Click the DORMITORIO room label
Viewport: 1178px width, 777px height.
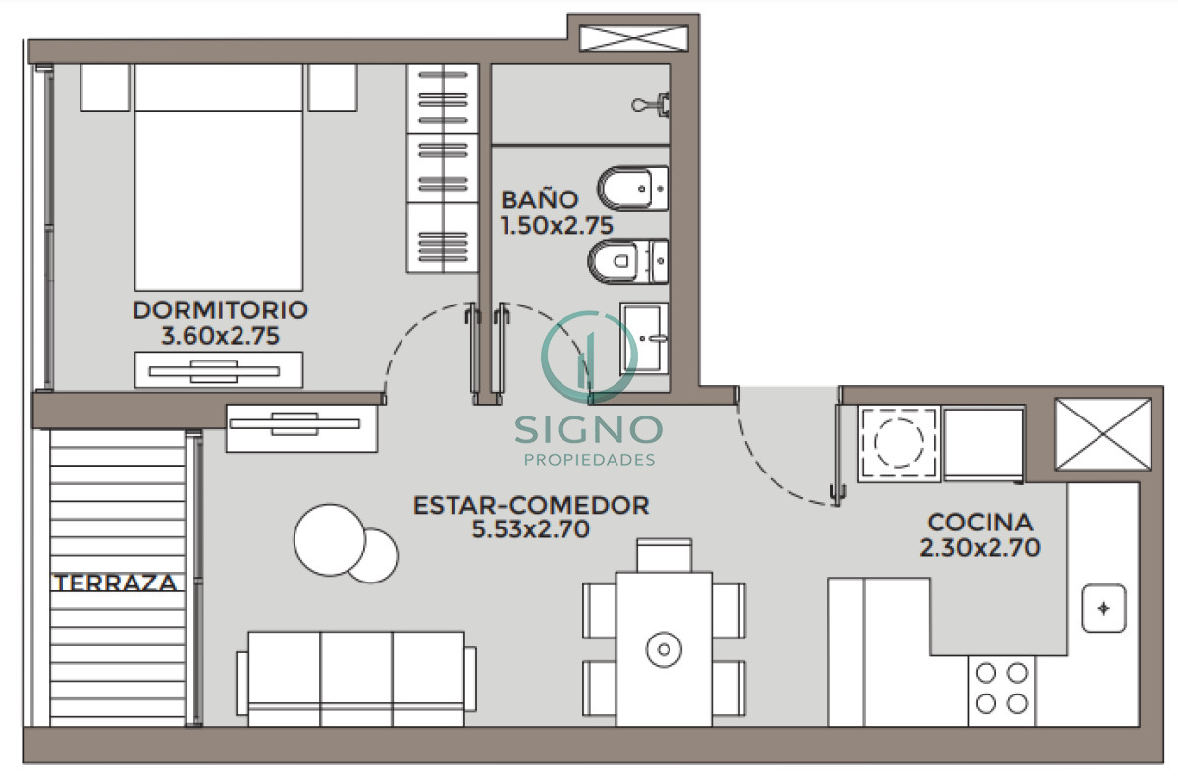tap(220, 310)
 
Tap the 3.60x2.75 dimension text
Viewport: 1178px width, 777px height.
tap(220, 336)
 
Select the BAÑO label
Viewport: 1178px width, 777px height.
tap(540, 199)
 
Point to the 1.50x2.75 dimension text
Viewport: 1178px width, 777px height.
tap(557, 225)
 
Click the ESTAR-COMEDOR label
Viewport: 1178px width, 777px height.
tap(531, 506)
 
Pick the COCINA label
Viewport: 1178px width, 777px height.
tap(980, 522)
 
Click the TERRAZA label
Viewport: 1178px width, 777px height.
tap(116, 583)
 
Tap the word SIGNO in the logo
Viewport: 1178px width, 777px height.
tap(589, 428)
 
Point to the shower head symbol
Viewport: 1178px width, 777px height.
tap(653, 104)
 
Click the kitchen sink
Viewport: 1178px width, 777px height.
tap(1103, 609)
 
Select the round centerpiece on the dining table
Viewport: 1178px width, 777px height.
tap(664, 648)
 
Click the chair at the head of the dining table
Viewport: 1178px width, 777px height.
tap(664, 554)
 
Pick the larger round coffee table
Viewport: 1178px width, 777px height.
tap(329, 539)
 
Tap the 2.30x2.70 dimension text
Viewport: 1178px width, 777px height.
tap(980, 548)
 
